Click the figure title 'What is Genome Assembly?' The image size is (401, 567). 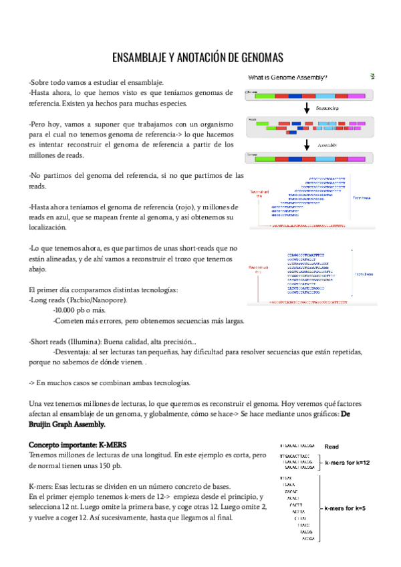pos(288,78)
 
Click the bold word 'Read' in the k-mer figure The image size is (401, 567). pos(332,446)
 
